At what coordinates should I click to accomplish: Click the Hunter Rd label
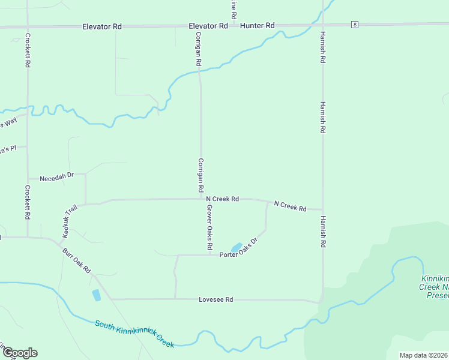[x=257, y=26]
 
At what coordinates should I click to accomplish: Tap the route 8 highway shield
[x=355, y=25]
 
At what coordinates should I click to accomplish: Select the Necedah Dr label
[x=56, y=178]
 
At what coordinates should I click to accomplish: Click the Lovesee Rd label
[x=216, y=299]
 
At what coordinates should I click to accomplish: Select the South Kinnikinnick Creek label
[x=134, y=334]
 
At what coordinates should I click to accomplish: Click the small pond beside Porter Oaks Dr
[x=237, y=247]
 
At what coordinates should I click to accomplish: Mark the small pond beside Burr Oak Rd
[x=96, y=295]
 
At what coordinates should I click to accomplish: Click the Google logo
[x=19, y=353]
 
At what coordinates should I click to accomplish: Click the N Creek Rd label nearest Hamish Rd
[x=290, y=206]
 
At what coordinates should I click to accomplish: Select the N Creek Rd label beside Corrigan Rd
[x=222, y=199]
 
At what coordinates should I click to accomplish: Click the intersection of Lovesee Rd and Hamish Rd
[x=321, y=301]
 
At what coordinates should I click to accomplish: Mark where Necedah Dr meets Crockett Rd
[x=28, y=178]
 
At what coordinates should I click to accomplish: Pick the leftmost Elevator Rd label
[x=101, y=26]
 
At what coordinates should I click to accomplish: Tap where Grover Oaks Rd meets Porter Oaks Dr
[x=209, y=255]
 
